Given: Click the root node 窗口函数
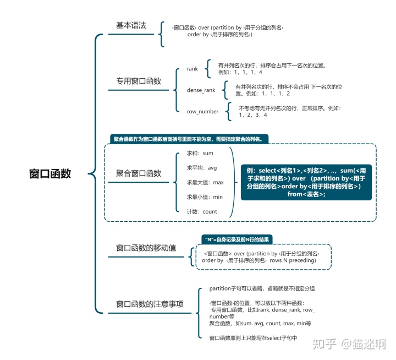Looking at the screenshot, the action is (50, 174).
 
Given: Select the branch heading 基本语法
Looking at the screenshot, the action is (131, 26).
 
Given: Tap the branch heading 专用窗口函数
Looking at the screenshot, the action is (138, 81).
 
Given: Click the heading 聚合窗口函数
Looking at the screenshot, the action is (139, 173).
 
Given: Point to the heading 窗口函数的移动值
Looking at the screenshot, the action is (146, 248).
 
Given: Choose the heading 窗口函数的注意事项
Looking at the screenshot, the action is (150, 304).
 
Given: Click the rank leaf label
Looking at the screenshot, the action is (192, 69).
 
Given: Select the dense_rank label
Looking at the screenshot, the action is (201, 90).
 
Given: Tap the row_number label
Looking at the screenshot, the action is (202, 112).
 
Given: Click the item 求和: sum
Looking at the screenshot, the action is (200, 153).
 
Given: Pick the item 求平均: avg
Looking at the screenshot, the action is (202, 167).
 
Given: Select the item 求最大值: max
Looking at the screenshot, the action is (205, 182).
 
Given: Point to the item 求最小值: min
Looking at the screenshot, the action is (205, 197).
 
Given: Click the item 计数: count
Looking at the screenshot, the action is (202, 211).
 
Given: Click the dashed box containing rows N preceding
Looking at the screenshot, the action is (260, 257).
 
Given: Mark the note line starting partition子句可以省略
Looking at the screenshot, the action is (262, 288).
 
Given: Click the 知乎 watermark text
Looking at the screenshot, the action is (324, 343).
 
